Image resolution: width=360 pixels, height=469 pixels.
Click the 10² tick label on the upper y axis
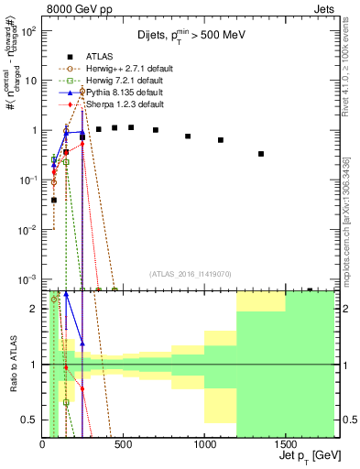(x=29, y=31)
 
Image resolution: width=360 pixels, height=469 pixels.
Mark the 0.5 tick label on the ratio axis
(x=29, y=420)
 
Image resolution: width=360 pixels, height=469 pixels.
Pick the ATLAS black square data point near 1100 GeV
(x=221, y=140)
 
